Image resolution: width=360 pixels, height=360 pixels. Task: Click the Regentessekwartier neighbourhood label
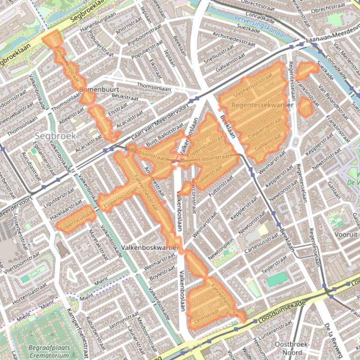point(262,105)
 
